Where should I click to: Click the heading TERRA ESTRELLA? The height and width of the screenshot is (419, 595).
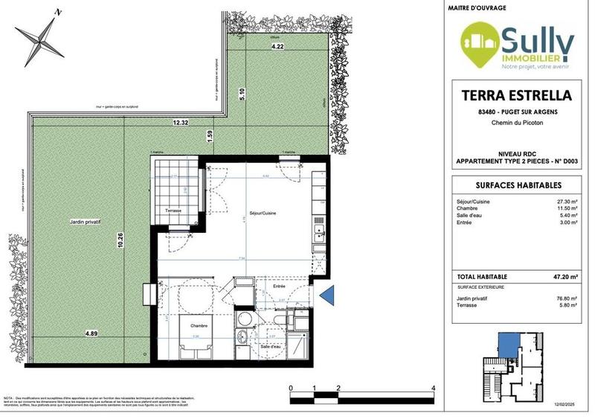tap(516, 96)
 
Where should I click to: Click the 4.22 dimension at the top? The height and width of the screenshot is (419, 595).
tap(277, 46)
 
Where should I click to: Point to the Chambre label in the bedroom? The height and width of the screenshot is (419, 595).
tap(196, 326)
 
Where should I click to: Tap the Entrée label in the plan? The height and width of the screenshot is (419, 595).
tap(280, 286)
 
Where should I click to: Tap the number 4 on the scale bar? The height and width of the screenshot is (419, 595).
tap(433, 388)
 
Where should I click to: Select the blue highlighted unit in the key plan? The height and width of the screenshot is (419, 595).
tap(508, 343)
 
